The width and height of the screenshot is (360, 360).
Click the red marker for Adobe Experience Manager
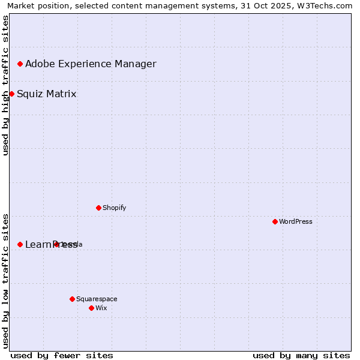pos(20,64)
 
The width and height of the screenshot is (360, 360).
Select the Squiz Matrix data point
pos(11,94)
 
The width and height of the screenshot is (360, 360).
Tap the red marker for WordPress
pos(275,221)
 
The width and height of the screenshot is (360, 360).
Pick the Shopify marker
pos(98,208)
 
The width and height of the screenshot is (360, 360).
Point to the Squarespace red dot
pos(72,299)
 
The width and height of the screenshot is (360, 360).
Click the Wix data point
pos(91,308)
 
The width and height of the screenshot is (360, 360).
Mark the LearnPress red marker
pos(20,244)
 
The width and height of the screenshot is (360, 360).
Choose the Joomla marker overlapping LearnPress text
pos(56,244)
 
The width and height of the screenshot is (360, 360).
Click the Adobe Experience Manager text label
pos(91,64)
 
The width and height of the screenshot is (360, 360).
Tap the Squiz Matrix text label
pos(46,94)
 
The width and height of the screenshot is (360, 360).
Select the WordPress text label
pos(296,221)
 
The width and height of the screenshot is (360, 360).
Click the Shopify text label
pos(114,208)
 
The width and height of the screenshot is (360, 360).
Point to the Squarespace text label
pos(97,299)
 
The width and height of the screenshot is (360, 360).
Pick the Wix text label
pos(101,308)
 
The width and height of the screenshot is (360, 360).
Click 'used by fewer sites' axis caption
pos(62,355)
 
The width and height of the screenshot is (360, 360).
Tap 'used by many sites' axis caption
pos(301,355)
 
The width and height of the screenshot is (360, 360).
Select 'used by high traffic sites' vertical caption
pos(5,85)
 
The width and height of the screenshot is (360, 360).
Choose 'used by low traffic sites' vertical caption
pos(5,280)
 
